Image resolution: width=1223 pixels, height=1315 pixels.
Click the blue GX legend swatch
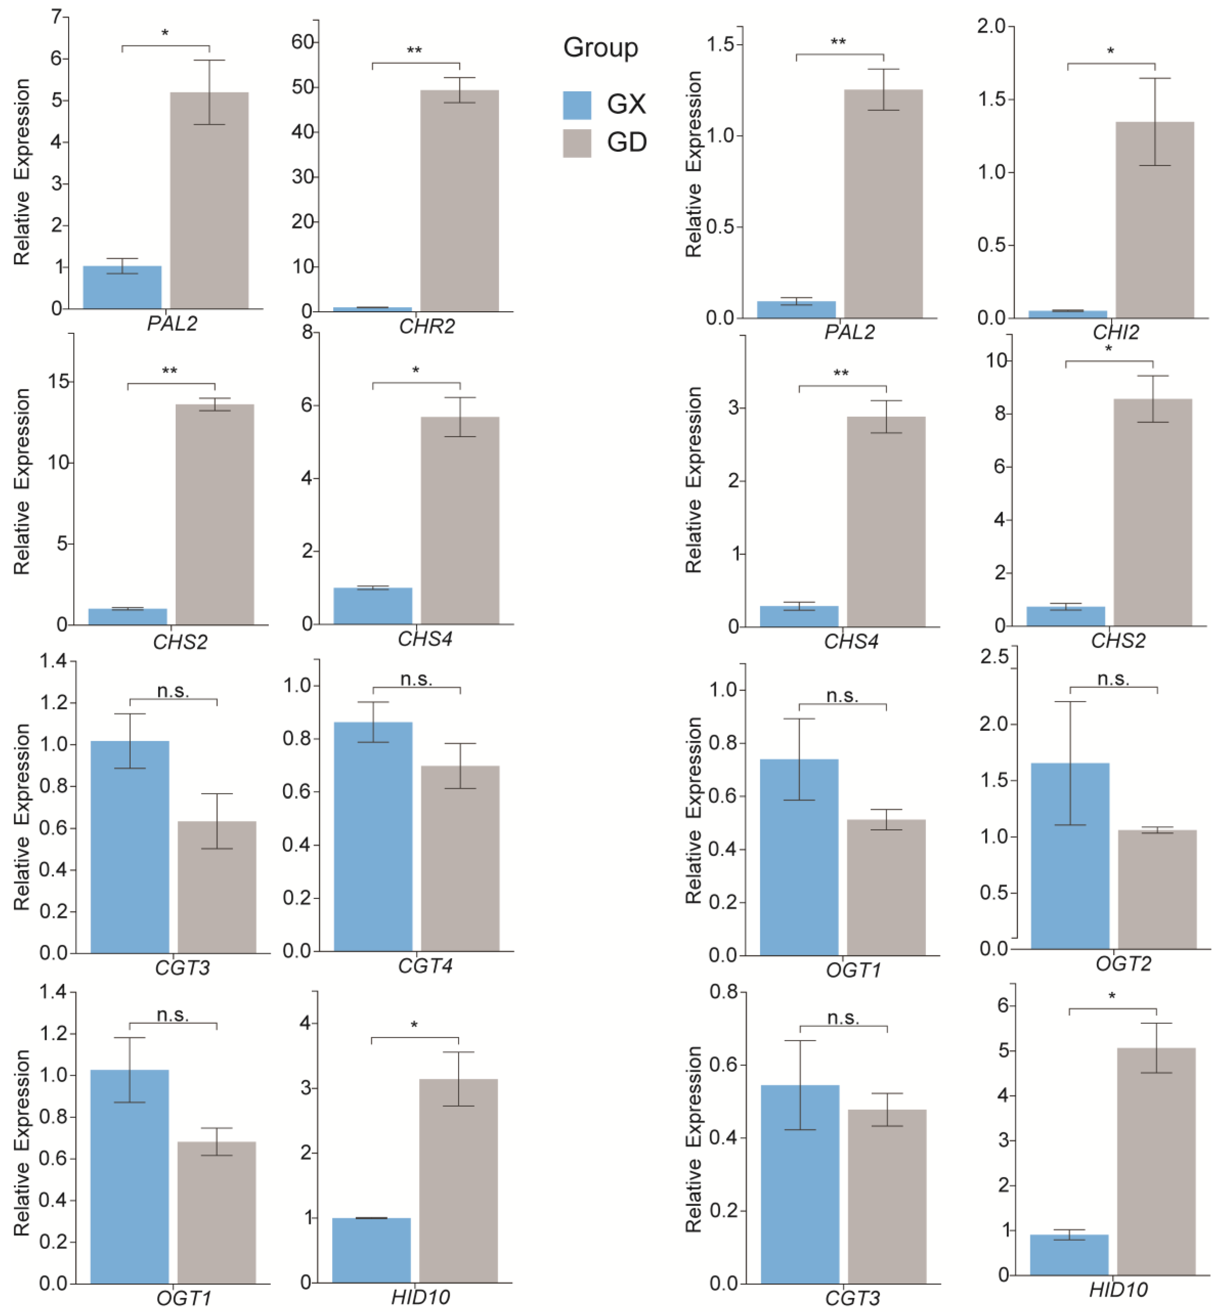tap(576, 105)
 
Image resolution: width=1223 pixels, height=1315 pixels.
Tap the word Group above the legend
tap(600, 48)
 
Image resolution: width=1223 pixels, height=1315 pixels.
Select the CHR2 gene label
tap(427, 326)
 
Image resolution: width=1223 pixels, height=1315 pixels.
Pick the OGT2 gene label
tap(1123, 963)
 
